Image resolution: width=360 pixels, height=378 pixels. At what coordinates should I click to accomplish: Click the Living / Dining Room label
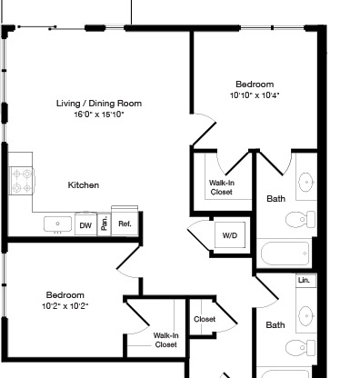tap(99, 104)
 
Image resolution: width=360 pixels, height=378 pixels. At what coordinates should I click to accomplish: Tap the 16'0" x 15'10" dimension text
tap(99, 114)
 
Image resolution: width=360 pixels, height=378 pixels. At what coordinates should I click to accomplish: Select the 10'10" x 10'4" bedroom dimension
tap(255, 95)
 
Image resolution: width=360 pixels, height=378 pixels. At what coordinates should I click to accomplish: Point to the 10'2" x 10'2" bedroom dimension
tap(65, 306)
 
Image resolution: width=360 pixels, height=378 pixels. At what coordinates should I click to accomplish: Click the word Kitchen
tap(84, 185)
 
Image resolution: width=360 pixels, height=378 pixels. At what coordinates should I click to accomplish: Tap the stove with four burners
tap(22, 181)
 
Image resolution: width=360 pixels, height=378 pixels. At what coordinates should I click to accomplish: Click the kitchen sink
tap(58, 224)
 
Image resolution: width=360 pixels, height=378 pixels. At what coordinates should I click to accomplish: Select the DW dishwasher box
tap(85, 224)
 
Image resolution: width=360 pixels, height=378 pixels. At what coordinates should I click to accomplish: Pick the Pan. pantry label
tap(105, 224)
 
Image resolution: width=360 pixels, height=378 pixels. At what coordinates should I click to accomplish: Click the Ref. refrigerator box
tap(125, 224)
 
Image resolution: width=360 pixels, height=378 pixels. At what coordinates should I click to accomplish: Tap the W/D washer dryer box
tap(230, 235)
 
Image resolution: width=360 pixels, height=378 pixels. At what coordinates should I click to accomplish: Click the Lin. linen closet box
tap(306, 281)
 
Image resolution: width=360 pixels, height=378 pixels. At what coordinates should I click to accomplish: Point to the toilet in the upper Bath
tap(300, 219)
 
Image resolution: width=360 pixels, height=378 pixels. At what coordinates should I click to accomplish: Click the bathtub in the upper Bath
tap(285, 254)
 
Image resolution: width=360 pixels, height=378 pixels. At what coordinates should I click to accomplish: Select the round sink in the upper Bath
tap(306, 183)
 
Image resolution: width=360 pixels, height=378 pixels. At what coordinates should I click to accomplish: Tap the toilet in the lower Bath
tap(300, 348)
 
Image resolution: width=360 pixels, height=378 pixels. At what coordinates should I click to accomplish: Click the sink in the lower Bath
tap(306, 315)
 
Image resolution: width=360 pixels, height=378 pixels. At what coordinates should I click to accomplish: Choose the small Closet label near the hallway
tap(205, 319)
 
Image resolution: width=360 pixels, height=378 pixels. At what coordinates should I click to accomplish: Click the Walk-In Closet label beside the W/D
tap(222, 187)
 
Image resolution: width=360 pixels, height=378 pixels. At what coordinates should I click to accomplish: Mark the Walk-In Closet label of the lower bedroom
tap(165, 340)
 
